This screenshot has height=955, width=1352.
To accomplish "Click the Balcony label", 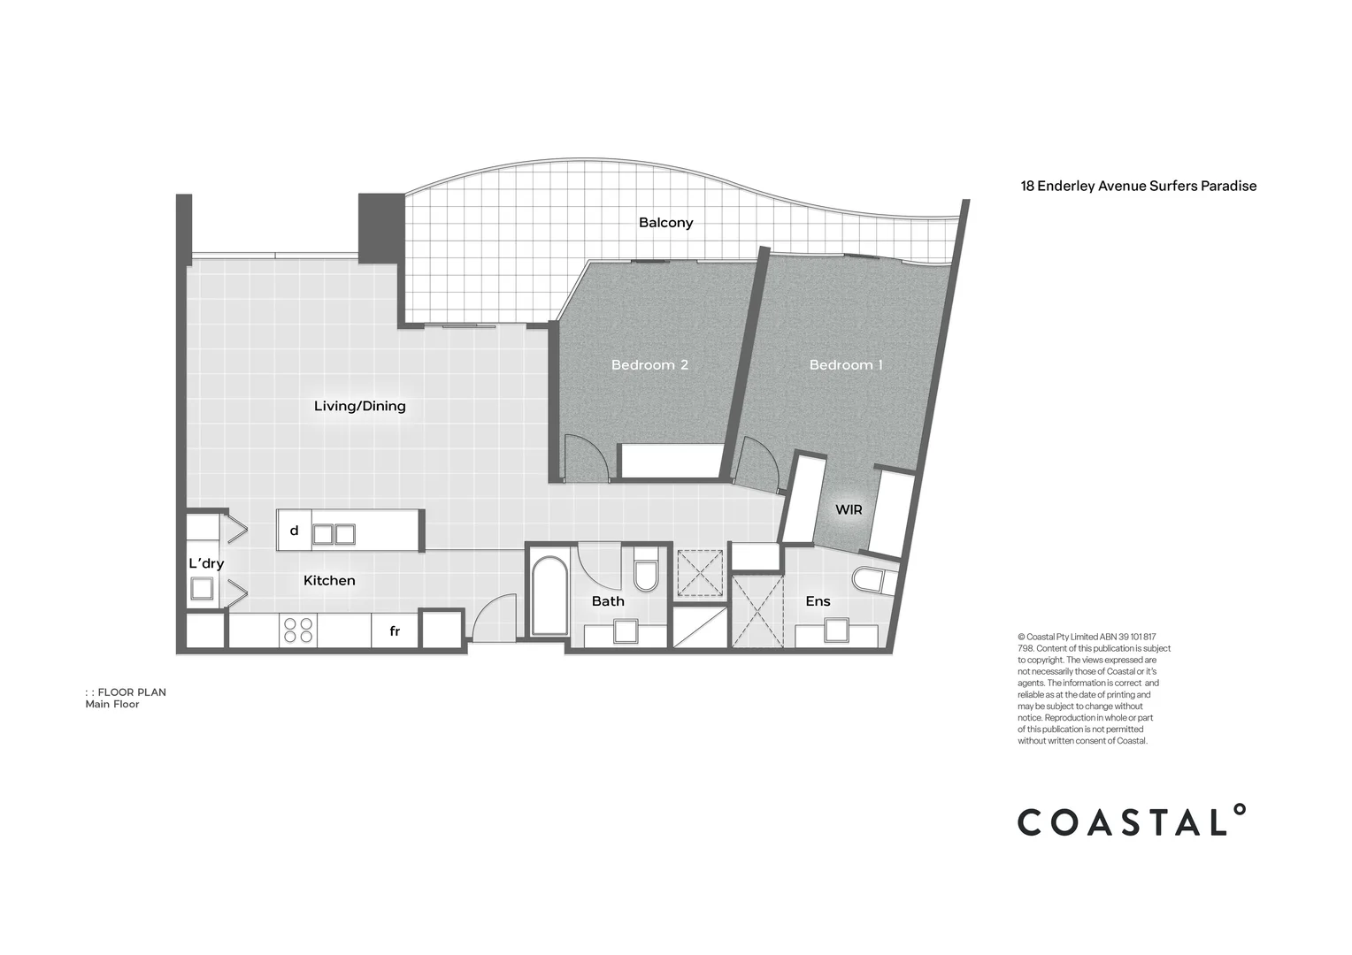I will click(665, 223).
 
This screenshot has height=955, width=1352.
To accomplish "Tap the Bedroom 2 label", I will click(649, 365).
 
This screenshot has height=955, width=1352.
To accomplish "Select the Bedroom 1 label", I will click(846, 365).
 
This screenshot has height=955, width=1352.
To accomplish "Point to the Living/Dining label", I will click(360, 407).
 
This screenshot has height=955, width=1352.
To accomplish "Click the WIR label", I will click(849, 510).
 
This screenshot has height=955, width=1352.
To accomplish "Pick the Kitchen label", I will click(329, 581).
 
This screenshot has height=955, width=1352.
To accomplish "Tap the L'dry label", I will click(206, 564).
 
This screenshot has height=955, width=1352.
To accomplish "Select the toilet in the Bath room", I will click(646, 570).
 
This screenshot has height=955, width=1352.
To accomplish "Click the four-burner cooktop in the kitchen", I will click(297, 630).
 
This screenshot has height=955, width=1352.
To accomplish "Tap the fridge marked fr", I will click(395, 631).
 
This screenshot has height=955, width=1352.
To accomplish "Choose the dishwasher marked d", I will click(295, 531).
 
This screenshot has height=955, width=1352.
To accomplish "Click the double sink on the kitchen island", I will click(334, 534).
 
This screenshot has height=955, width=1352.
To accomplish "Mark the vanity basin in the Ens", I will click(836, 630).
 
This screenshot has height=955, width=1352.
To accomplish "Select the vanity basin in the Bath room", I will click(626, 631).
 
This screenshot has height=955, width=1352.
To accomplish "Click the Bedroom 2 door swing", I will click(583, 459).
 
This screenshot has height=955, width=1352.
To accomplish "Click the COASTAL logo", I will click(1131, 821).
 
